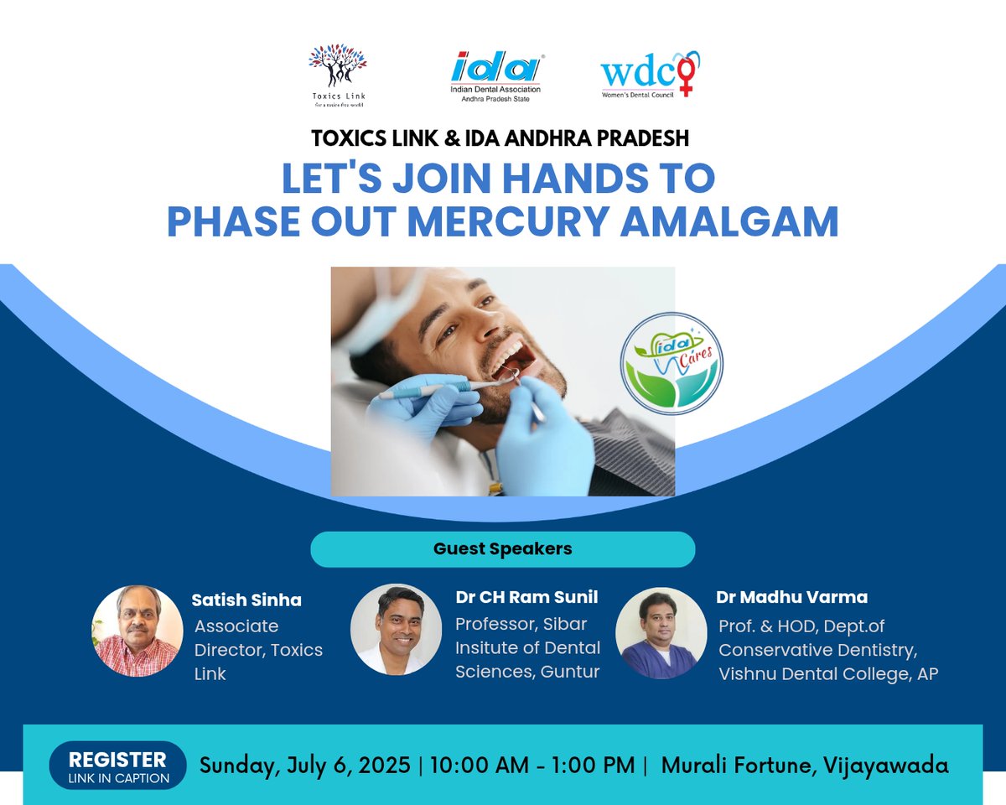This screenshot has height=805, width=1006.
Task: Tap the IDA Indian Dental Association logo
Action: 497,76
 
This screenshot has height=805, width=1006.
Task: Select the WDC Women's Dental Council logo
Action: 650,75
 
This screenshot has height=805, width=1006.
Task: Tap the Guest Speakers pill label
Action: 503,549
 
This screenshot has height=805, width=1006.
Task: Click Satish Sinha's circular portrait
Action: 137,631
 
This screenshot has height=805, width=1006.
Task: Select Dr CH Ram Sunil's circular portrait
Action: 396,630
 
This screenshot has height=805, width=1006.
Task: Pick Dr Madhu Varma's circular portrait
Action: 661,632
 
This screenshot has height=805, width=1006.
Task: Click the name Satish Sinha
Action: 246,600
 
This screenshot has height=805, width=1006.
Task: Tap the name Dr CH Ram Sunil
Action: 527,598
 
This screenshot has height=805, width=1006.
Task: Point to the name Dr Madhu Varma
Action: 791,598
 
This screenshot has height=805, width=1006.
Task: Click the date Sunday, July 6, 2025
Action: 304,766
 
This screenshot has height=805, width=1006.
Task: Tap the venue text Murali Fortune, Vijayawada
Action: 805,766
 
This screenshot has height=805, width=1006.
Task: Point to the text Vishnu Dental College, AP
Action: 828,674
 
